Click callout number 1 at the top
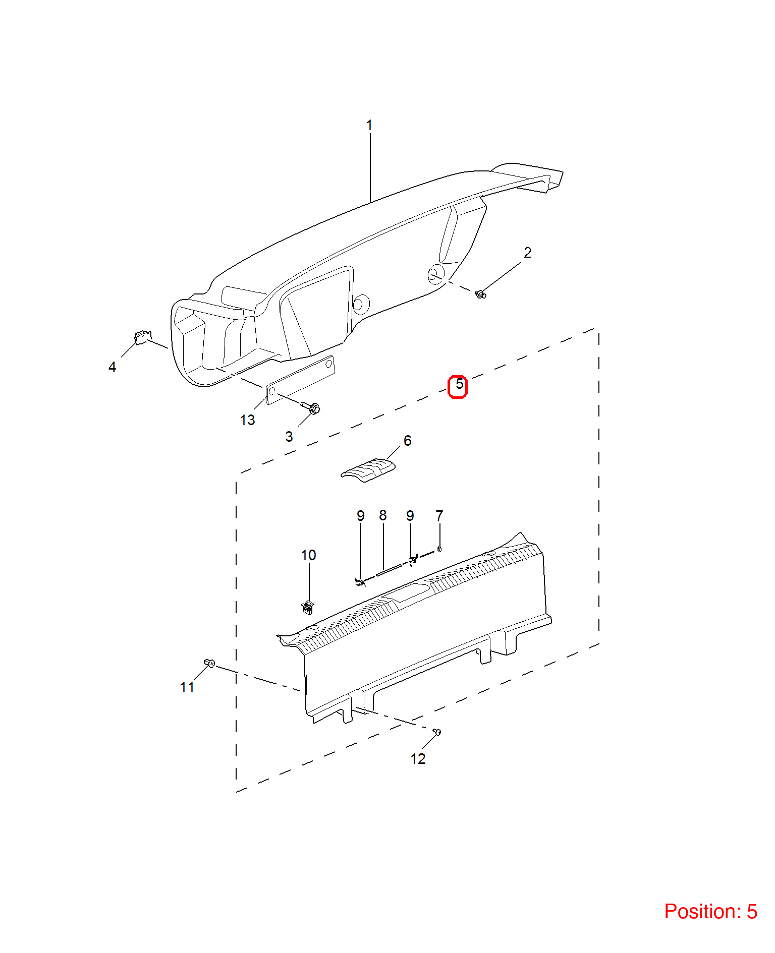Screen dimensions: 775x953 (x=369, y=125)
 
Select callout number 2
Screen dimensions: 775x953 (x=527, y=253)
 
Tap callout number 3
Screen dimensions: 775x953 (x=289, y=437)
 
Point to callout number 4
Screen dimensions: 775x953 (x=112, y=367)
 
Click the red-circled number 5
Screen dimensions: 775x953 (x=458, y=386)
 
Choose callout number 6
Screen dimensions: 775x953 (x=407, y=441)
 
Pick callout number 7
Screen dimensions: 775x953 (x=439, y=516)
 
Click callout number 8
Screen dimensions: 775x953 (x=383, y=515)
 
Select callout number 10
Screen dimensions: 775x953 (x=308, y=555)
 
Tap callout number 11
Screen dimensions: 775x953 (x=187, y=687)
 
